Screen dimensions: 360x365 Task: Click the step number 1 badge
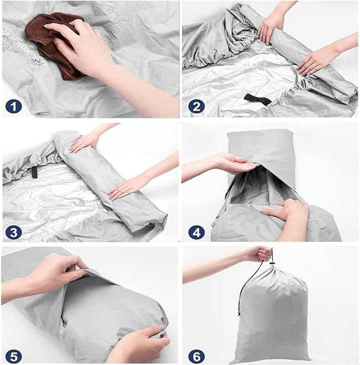tap(13, 107)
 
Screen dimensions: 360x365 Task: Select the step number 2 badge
tap(196, 107)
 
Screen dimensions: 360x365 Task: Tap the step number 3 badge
tap(13, 232)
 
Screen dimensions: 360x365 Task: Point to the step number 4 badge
tap(196, 232)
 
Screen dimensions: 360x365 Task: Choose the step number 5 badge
tap(13, 356)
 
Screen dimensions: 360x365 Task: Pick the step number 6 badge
tap(196, 356)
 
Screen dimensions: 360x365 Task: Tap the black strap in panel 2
tap(257, 99)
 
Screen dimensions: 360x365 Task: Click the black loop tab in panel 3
tap(34, 172)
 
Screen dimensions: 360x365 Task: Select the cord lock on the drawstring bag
tap(271, 263)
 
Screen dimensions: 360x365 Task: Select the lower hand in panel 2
tap(316, 60)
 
